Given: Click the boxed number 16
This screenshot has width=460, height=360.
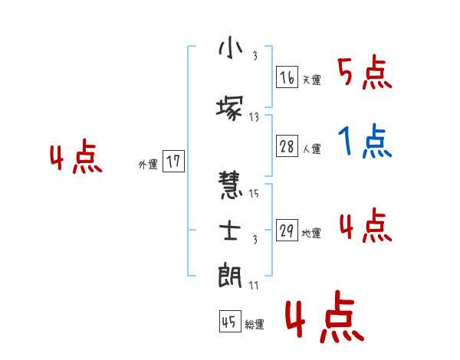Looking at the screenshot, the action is click(287, 77).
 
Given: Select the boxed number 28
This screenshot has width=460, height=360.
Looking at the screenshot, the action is click(287, 147).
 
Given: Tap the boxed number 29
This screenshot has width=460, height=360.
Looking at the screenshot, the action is click(287, 231).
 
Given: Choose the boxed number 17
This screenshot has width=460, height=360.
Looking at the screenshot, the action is click(173, 162).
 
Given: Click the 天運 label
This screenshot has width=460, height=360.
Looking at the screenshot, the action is click(311, 80).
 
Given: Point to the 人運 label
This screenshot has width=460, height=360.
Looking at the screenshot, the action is click(312, 149).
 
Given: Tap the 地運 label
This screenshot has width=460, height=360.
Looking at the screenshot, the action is click(311, 234).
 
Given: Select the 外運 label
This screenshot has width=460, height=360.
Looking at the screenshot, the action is click(148, 164).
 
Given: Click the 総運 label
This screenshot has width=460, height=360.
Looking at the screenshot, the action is click(255, 325).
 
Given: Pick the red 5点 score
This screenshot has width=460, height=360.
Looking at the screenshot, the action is click(364, 73).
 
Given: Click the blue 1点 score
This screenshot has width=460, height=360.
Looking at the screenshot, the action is click(364, 142).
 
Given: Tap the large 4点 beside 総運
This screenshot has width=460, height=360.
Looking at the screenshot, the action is click(324, 319).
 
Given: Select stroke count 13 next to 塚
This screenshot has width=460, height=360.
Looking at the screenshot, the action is click(254, 117).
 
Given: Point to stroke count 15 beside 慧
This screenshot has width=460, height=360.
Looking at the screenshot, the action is click(254, 194).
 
